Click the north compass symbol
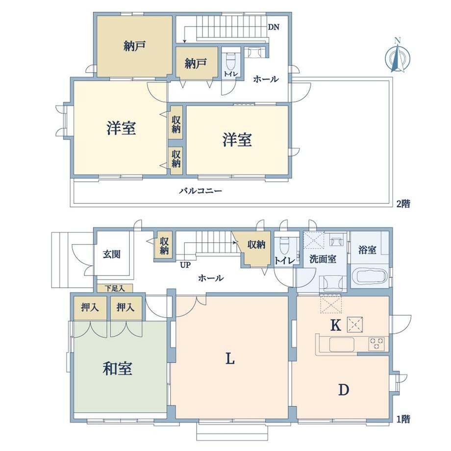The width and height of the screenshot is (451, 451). [x=398, y=56]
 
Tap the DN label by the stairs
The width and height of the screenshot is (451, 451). [x=274, y=27]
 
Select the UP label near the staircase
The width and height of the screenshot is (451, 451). [x=185, y=265]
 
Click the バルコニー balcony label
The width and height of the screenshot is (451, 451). [x=200, y=191]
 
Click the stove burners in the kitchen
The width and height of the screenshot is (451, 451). [x=376, y=344]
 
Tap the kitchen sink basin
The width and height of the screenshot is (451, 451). [x=342, y=344]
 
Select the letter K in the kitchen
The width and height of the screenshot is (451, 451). [x=336, y=326]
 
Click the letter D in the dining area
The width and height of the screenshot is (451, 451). [x=344, y=390]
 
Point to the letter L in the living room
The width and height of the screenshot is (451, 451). [x=230, y=359]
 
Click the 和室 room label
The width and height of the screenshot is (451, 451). [x=117, y=369]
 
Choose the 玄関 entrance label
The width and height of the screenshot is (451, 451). [x=112, y=254]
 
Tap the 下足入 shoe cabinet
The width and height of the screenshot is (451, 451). [x=115, y=288]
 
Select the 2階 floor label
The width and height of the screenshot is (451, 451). [x=403, y=204]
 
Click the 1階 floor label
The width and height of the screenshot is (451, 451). [x=403, y=419]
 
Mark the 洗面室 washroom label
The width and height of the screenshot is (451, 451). [x=323, y=259]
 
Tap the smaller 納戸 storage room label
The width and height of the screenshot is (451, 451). [x=196, y=64]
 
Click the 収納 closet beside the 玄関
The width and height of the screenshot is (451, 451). [x=164, y=246]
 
